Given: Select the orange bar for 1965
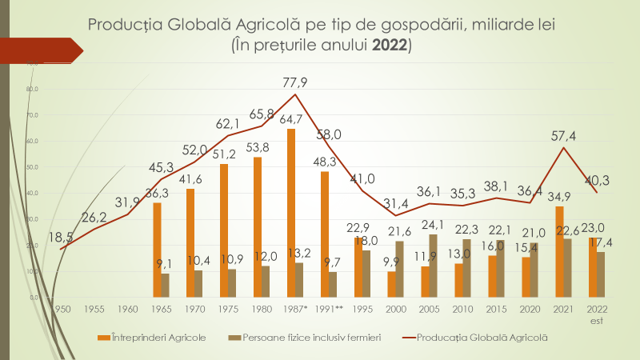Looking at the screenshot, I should point(157,249).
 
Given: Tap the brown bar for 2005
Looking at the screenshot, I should point(433,265).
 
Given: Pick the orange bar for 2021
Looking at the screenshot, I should point(558,251).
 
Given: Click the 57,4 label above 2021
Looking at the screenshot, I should point(565,135).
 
